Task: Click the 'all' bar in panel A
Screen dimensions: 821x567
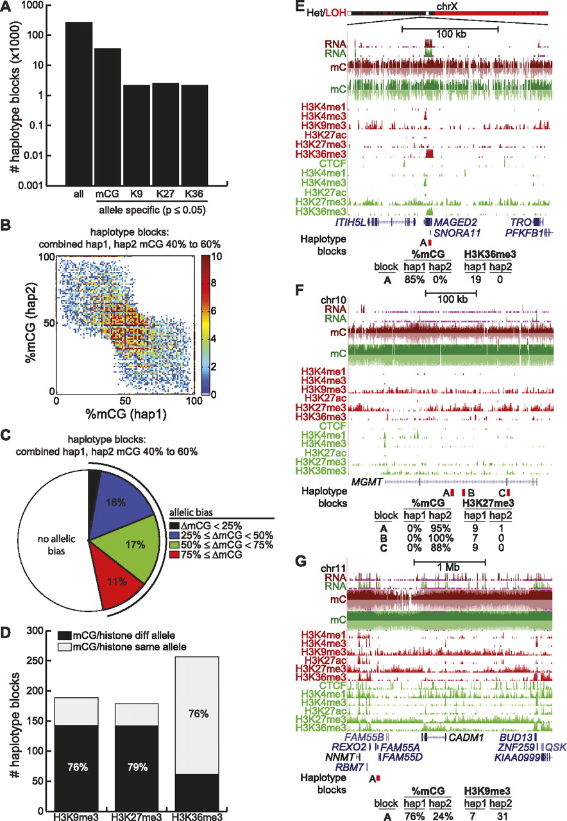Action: (79, 103)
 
